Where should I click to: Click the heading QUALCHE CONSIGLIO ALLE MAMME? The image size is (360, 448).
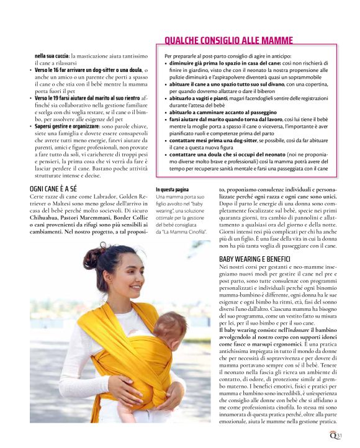[228, 41]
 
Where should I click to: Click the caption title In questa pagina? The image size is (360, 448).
[173, 189]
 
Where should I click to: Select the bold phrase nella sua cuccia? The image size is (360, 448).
[52, 56]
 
